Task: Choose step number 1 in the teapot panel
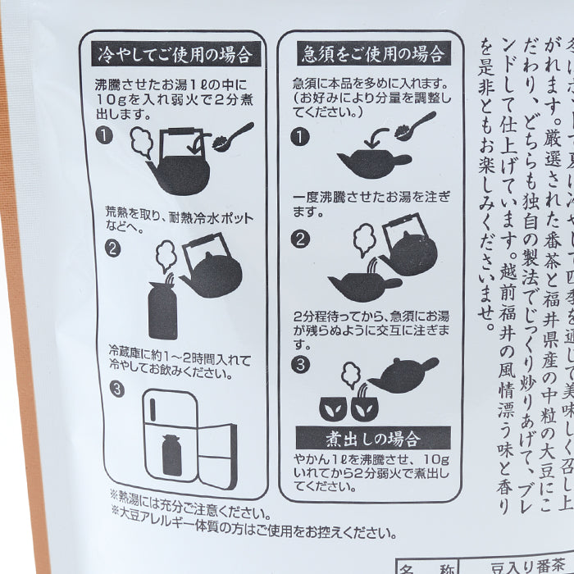pos(300,136)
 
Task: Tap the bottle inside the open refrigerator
pos(171,453)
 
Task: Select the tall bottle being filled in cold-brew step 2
pos(162,306)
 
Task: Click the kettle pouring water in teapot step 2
pos(408,245)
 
